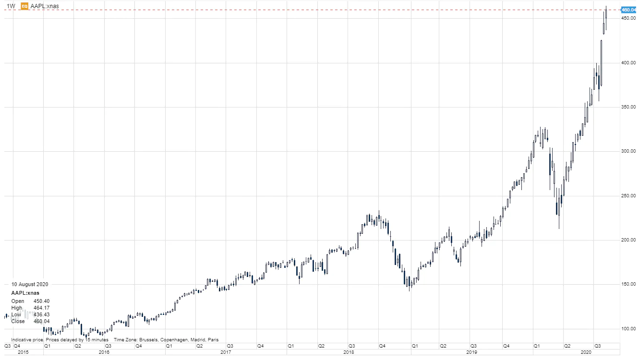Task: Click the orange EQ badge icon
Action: point(24,6)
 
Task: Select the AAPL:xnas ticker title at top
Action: point(45,6)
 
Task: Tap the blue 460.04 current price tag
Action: point(628,10)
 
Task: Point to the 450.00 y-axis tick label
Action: point(628,18)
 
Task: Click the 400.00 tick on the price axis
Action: point(628,63)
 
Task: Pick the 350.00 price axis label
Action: point(628,107)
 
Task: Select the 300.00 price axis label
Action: point(628,151)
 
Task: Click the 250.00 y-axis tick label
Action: point(628,196)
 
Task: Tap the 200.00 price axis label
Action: point(628,240)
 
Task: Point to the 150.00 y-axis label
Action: point(628,284)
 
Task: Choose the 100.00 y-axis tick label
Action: point(628,329)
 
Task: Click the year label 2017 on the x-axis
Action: point(226,352)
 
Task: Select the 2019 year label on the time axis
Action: point(471,352)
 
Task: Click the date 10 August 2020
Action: point(30,284)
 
